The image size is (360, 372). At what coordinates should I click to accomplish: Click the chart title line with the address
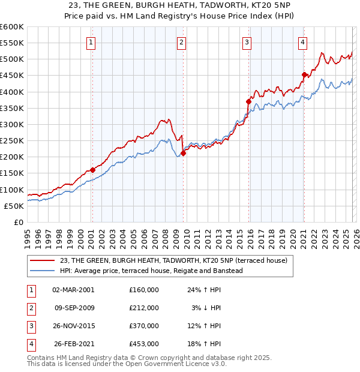click(x=179, y=5)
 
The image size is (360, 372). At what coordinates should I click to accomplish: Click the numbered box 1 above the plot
click(x=91, y=42)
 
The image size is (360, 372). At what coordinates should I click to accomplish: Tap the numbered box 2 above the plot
click(x=181, y=42)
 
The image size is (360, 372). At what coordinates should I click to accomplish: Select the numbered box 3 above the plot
click(x=247, y=42)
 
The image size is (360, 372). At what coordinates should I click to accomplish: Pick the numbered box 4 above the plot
click(x=303, y=42)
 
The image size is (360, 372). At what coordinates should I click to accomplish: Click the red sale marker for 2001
click(x=92, y=170)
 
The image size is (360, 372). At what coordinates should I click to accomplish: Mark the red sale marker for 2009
click(x=183, y=153)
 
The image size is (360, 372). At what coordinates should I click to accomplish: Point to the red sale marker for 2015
click(x=248, y=102)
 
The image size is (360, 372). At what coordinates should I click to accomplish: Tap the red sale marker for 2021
click(x=304, y=74)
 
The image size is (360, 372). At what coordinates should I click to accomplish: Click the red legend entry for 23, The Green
click(x=174, y=260)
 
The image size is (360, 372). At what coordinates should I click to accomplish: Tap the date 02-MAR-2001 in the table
click(x=73, y=289)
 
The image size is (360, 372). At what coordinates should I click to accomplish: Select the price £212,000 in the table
click(x=144, y=308)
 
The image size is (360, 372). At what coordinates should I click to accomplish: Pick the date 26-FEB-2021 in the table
click(x=73, y=344)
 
